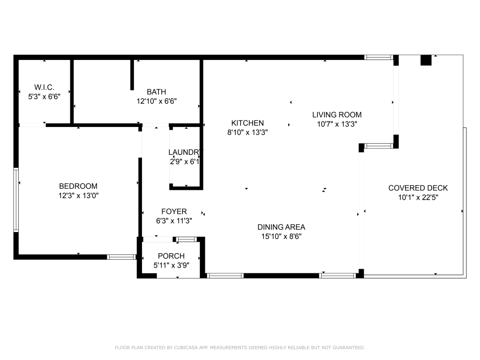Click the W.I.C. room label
44,87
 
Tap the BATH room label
156,92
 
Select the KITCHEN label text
247,123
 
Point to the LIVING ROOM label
337,115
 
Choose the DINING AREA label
281,227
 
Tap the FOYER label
174,212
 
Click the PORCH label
171,256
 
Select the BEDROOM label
78,186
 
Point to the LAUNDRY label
186,152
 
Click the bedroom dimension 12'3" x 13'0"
78,195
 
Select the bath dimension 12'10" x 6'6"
157,101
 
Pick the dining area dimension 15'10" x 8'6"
281,237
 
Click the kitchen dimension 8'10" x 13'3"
247,132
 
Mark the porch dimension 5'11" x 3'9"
171,265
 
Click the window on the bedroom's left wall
16,200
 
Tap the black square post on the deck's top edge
426,60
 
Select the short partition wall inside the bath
132,74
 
